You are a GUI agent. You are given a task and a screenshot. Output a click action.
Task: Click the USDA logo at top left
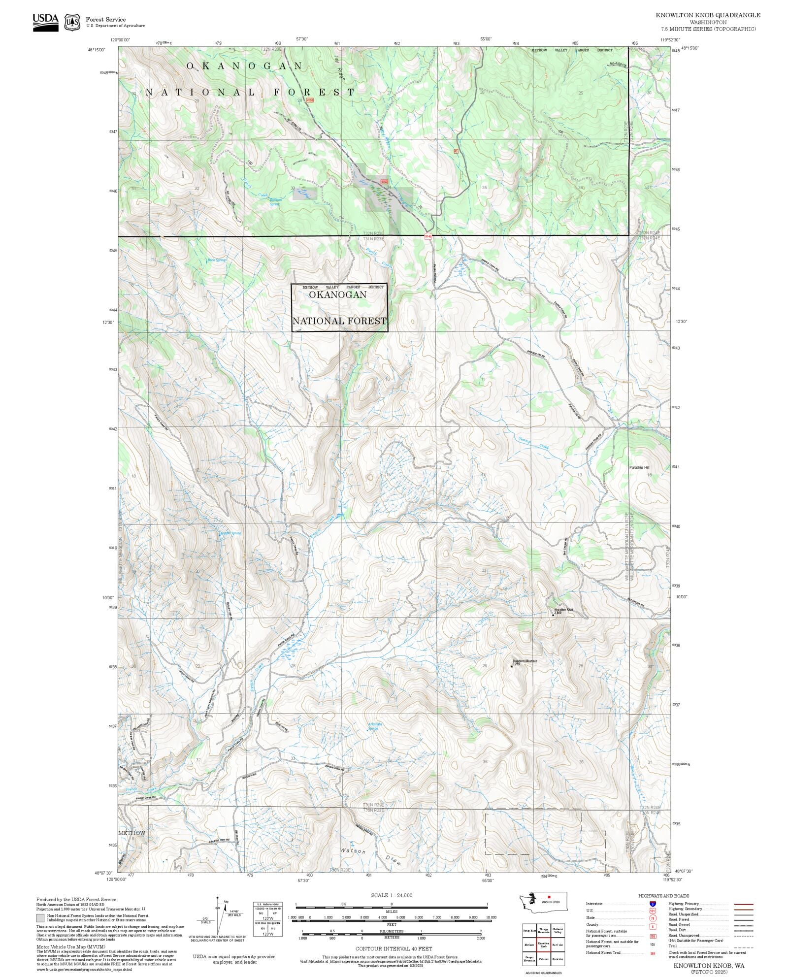(x=45, y=22)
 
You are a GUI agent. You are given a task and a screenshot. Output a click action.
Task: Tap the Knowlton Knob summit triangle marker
(x=553, y=614)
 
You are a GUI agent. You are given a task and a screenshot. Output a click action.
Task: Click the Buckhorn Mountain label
(x=525, y=661)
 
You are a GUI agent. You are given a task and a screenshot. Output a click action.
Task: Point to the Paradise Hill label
(x=639, y=467)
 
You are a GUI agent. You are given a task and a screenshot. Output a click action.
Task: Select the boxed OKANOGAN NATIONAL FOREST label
(x=339, y=307)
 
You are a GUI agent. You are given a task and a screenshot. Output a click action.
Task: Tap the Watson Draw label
(x=370, y=856)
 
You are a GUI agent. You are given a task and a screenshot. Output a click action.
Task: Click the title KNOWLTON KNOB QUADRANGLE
(x=708, y=15)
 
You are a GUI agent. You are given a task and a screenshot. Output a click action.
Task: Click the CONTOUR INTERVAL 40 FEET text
(x=394, y=948)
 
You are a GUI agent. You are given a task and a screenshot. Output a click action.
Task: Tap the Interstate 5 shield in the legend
(x=653, y=904)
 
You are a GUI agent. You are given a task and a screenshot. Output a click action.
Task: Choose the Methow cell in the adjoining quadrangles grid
(x=529, y=945)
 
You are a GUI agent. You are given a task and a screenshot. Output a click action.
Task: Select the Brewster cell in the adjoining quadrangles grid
(x=558, y=959)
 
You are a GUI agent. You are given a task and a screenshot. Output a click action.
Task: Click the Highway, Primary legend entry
(x=685, y=904)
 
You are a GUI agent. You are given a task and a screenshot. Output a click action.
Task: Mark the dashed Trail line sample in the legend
(x=743, y=947)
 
